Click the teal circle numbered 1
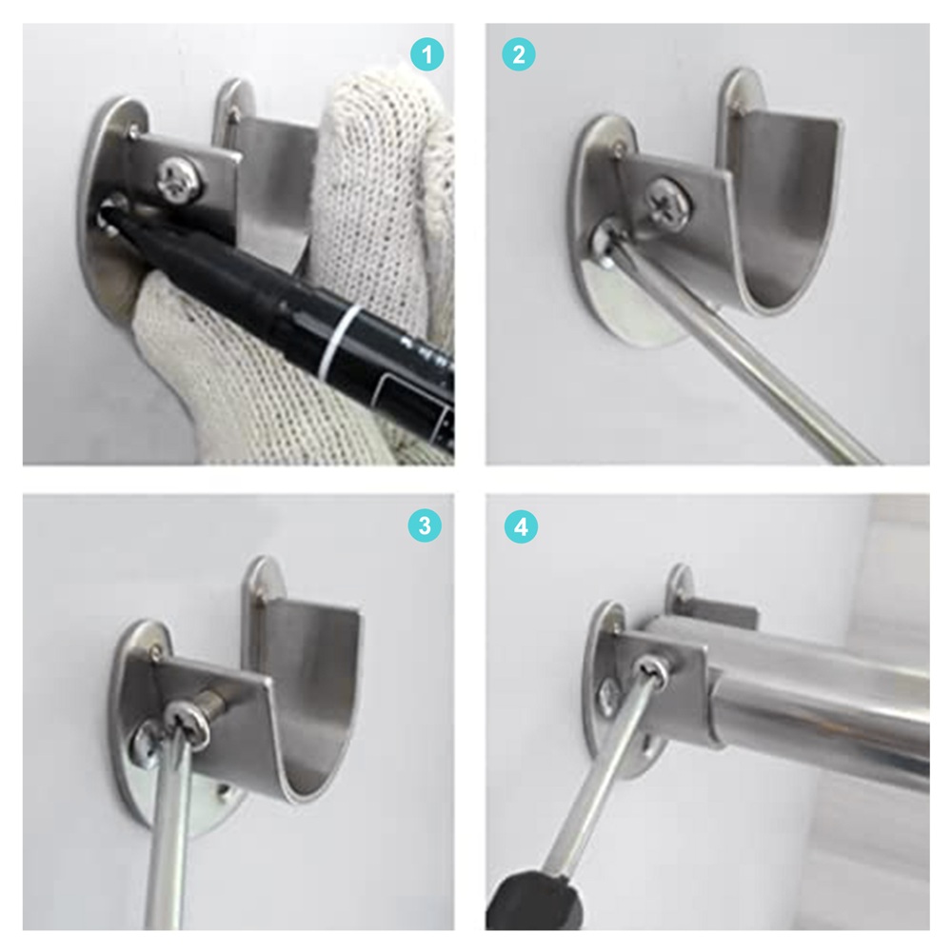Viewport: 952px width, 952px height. (426, 54)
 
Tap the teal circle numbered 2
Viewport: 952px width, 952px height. (519, 54)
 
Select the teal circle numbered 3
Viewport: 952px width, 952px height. (425, 526)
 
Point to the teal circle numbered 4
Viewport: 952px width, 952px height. (521, 527)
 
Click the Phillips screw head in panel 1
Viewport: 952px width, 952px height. (180, 179)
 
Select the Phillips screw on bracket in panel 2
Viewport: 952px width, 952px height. (668, 199)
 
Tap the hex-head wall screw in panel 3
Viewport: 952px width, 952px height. (145, 744)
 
